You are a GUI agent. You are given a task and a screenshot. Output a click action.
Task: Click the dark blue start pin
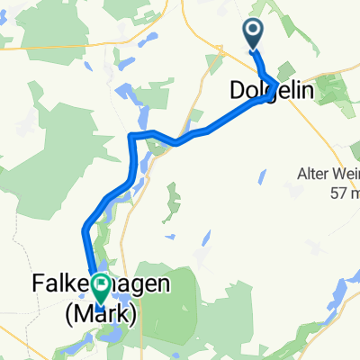click(x=253, y=34)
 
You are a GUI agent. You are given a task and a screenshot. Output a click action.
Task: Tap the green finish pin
click(x=97, y=287)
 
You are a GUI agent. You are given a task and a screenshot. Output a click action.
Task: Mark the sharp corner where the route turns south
click(x=133, y=136)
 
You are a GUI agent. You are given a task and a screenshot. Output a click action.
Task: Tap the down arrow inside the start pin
click(x=253, y=32)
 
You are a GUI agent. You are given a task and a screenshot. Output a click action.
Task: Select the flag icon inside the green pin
click(x=97, y=285)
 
